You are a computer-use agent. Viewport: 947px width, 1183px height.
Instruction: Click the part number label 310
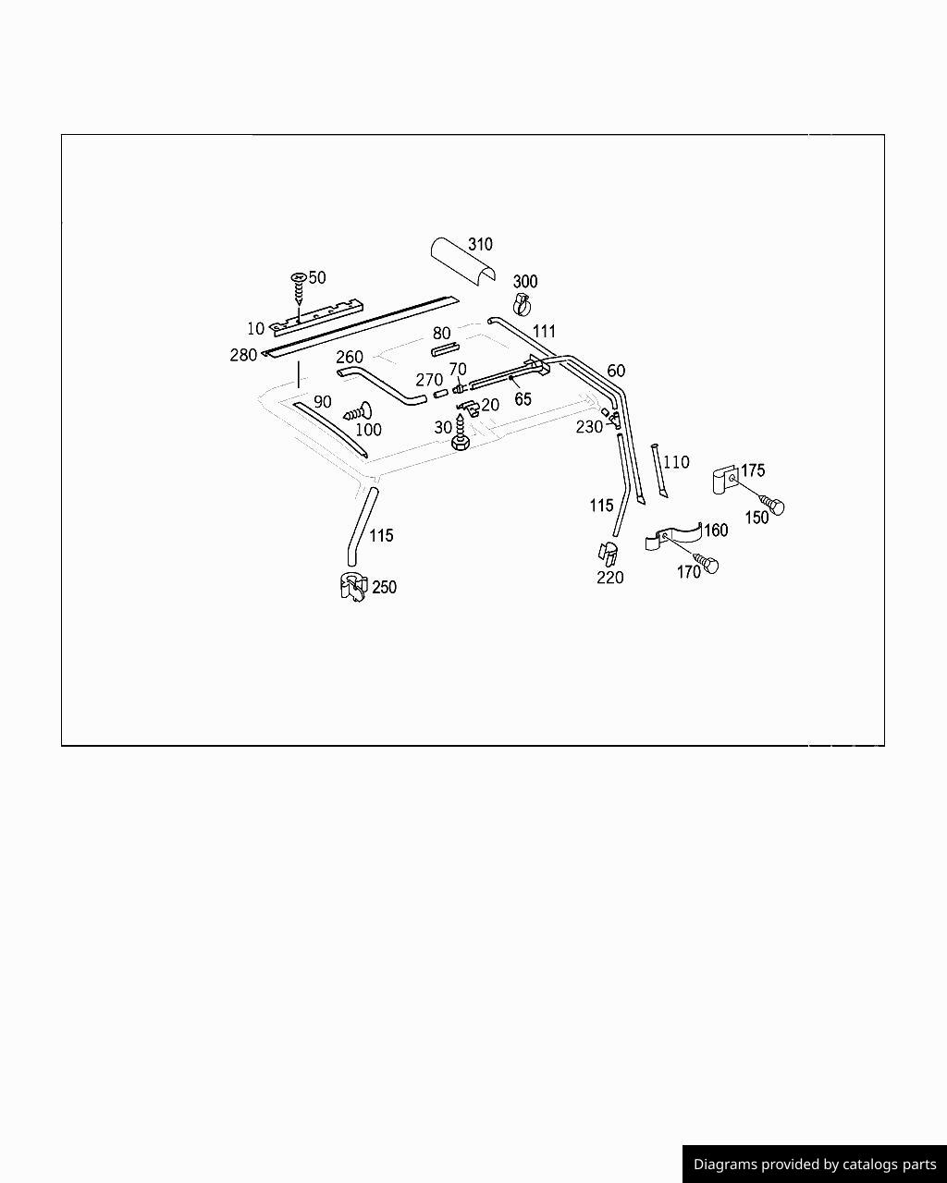pyautogui.click(x=480, y=245)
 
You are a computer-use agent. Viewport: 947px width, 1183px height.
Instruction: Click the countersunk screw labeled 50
pyautogui.click(x=299, y=287)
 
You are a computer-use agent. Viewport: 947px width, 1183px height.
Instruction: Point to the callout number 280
pyautogui.click(x=243, y=356)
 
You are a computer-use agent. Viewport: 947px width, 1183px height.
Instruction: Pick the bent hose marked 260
pyautogui.click(x=379, y=384)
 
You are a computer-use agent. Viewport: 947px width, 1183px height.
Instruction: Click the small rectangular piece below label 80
pyautogui.click(x=444, y=349)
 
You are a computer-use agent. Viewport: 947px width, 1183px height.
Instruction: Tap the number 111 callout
pyautogui.click(x=544, y=332)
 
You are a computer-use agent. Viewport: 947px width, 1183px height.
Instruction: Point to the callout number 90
pyautogui.click(x=322, y=402)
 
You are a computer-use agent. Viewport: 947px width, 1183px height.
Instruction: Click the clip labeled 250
pyautogui.click(x=352, y=587)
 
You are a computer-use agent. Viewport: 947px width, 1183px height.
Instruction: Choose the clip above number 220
pyautogui.click(x=608, y=554)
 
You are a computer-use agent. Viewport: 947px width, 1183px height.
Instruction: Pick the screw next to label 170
pyautogui.click(x=707, y=563)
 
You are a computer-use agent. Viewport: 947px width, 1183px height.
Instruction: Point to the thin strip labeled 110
pyautogui.click(x=658, y=471)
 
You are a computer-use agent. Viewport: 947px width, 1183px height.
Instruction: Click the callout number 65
pyautogui.click(x=523, y=399)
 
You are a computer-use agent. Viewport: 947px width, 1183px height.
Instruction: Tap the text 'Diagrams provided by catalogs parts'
pyautogui.click(x=814, y=1165)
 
